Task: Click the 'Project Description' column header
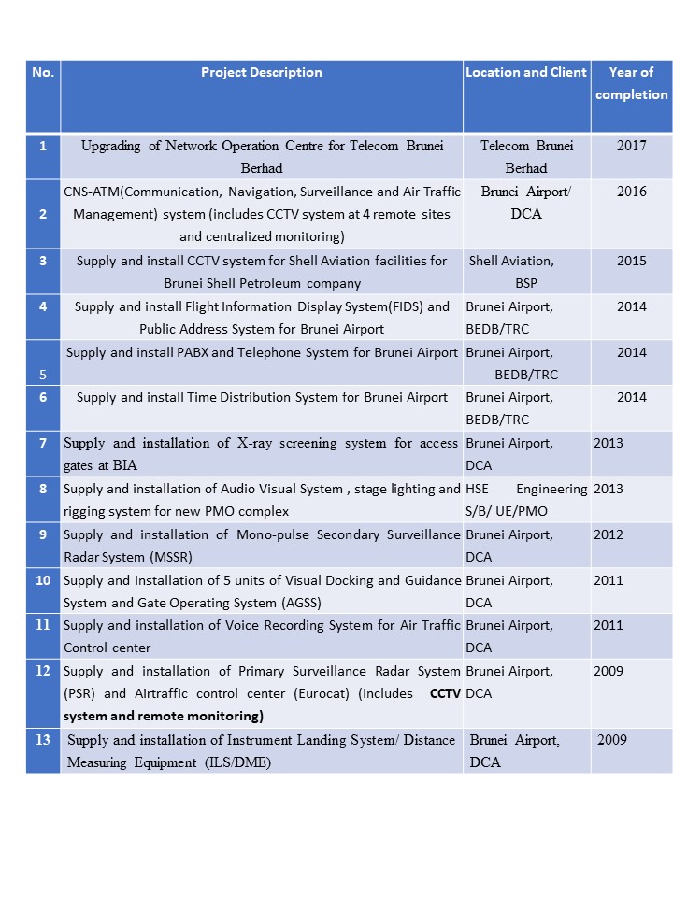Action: pos(262,73)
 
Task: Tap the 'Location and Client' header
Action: pos(526,73)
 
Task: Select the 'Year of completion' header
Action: pos(631,83)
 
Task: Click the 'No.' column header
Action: pos(43,73)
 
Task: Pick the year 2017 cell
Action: pos(631,146)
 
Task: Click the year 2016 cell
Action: pos(631,192)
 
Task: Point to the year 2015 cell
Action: pos(631,261)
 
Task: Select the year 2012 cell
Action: pos(609,534)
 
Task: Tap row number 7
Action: pos(43,443)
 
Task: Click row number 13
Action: pos(43,740)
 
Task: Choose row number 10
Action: pos(43,580)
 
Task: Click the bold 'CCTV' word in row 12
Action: pos(445,694)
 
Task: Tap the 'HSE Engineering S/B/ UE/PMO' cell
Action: pos(526,500)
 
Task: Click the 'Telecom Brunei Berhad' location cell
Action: pos(526,157)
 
